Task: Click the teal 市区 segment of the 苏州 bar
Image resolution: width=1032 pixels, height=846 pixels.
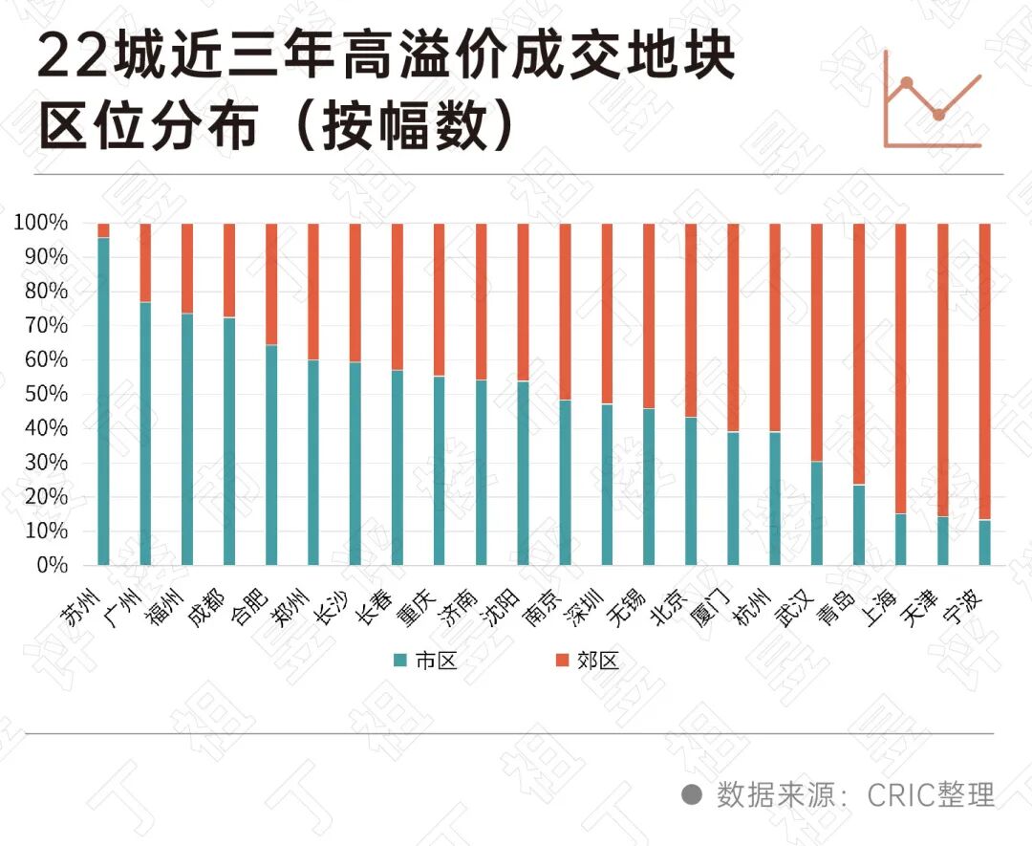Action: [x=103, y=401]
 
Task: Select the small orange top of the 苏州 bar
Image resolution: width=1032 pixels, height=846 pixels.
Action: [x=103, y=230]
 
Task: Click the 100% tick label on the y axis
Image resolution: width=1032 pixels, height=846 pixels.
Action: [x=41, y=223]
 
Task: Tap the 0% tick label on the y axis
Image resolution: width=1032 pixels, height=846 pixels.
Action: [x=52, y=565]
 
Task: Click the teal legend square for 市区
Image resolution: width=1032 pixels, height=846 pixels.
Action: [x=401, y=661]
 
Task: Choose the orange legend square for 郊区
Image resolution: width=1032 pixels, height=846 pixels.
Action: [x=562, y=661]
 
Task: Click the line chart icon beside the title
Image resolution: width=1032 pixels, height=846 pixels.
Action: [x=933, y=99]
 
